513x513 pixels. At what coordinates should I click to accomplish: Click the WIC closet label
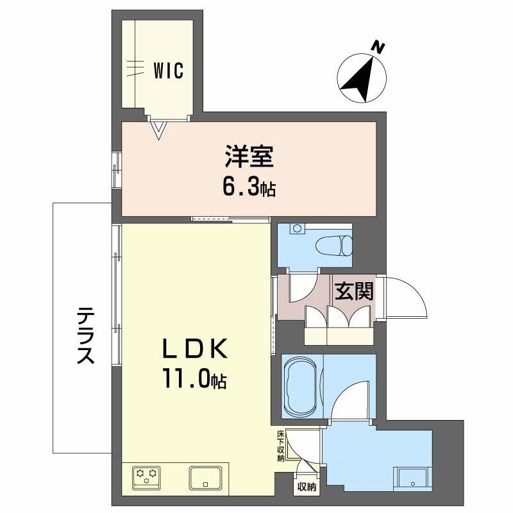(x=169, y=70)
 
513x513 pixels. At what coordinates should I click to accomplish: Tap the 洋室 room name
(x=249, y=156)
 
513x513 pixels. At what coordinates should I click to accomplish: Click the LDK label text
(x=195, y=349)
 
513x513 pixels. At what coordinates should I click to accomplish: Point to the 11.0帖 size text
(x=194, y=378)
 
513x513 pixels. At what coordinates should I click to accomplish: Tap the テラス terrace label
(x=86, y=335)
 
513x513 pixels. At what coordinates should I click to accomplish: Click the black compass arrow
(x=359, y=79)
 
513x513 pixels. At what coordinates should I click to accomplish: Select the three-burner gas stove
(x=146, y=478)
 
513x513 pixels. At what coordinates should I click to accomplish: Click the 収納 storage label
(x=307, y=487)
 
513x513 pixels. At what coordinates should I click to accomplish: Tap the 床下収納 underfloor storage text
(x=281, y=446)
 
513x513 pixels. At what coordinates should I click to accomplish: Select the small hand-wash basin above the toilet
(x=297, y=228)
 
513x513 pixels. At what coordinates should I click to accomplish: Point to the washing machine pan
(x=412, y=479)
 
